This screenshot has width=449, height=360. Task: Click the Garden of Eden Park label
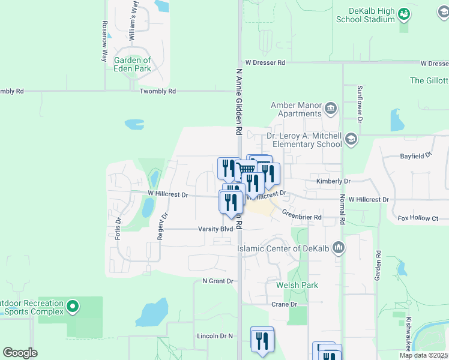coord(133,64)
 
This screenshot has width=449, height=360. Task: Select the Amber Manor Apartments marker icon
coord(331,109)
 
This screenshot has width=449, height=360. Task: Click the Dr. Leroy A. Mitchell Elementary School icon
coord(351,140)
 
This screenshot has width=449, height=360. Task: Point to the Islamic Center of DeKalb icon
coord(339,247)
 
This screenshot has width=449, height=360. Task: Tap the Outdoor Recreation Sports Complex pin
coord(73,307)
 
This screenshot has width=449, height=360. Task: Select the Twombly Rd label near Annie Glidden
coord(157,91)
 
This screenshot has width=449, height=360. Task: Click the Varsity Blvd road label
coord(215,229)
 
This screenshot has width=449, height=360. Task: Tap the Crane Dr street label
coord(285,304)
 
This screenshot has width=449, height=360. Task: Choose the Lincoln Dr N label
coord(214,336)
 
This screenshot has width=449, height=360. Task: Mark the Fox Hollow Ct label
coord(418,218)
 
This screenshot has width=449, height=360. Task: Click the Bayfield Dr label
coord(416,155)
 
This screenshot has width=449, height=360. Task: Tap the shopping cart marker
coord(246,170)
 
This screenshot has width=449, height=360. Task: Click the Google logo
coord(20,353)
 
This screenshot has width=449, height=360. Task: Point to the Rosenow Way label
coord(104,41)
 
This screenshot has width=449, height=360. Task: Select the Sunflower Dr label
coord(360,104)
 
